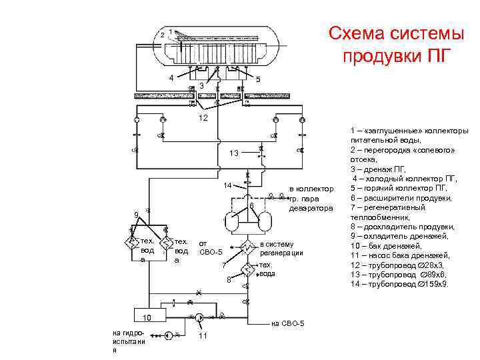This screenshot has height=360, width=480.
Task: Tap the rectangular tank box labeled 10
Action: [149, 317]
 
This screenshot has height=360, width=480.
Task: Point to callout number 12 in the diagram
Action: [203, 118]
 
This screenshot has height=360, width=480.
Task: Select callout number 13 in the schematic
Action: [233, 154]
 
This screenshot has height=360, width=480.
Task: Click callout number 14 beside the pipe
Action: [227, 185]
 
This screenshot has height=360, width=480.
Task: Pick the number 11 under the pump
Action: [203, 335]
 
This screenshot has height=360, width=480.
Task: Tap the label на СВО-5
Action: [288, 323]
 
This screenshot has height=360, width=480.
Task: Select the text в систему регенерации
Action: [281, 248]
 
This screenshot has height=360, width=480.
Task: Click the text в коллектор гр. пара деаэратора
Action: [310, 199]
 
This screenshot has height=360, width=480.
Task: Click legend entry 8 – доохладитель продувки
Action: [401, 227]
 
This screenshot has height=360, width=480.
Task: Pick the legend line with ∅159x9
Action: [400, 284]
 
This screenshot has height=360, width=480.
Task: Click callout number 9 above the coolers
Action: [136, 215]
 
